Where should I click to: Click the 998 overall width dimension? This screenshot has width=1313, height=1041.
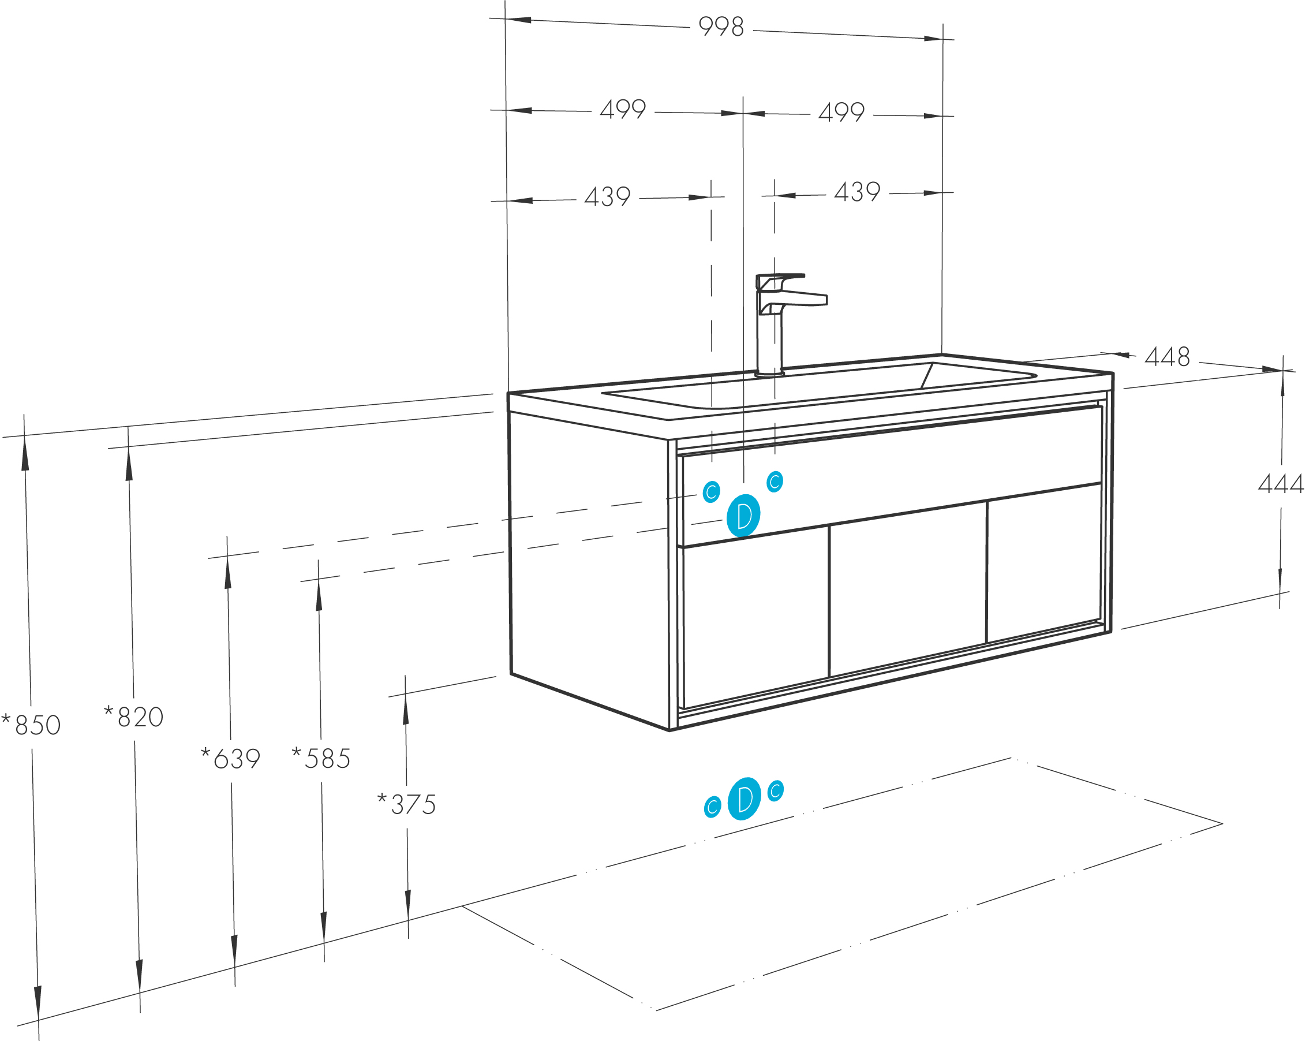pyautogui.click(x=721, y=27)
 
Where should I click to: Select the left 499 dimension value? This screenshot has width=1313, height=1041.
pyautogui.click(x=622, y=110)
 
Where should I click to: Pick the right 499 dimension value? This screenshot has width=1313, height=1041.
pyautogui.click(x=841, y=112)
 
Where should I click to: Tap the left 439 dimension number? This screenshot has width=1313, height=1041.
pyautogui.click(x=607, y=197)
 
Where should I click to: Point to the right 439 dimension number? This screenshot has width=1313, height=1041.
pyautogui.click(x=857, y=192)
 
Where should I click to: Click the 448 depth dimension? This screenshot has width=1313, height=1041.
pyautogui.click(x=1167, y=357)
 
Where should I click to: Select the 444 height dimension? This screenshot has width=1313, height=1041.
pyautogui.click(x=1281, y=484)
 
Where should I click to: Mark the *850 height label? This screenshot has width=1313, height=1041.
pyautogui.click(x=31, y=724)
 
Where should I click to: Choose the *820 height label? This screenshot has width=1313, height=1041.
pyautogui.click(x=134, y=717)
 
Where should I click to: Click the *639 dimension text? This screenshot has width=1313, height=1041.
pyautogui.click(x=231, y=758)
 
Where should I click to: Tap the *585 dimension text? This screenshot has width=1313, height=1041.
pyautogui.click(x=321, y=758)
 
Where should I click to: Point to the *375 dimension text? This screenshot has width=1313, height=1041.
pyautogui.click(x=407, y=804)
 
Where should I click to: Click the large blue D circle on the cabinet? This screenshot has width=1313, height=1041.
pyautogui.click(x=743, y=516)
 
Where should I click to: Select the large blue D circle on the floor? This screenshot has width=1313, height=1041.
pyautogui.click(x=744, y=799)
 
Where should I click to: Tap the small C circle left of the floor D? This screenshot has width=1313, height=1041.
pyautogui.click(x=713, y=807)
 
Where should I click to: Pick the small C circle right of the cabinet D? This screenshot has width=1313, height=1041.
pyautogui.click(x=775, y=481)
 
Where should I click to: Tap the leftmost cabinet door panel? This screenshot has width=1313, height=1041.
pyautogui.click(x=755, y=617)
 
